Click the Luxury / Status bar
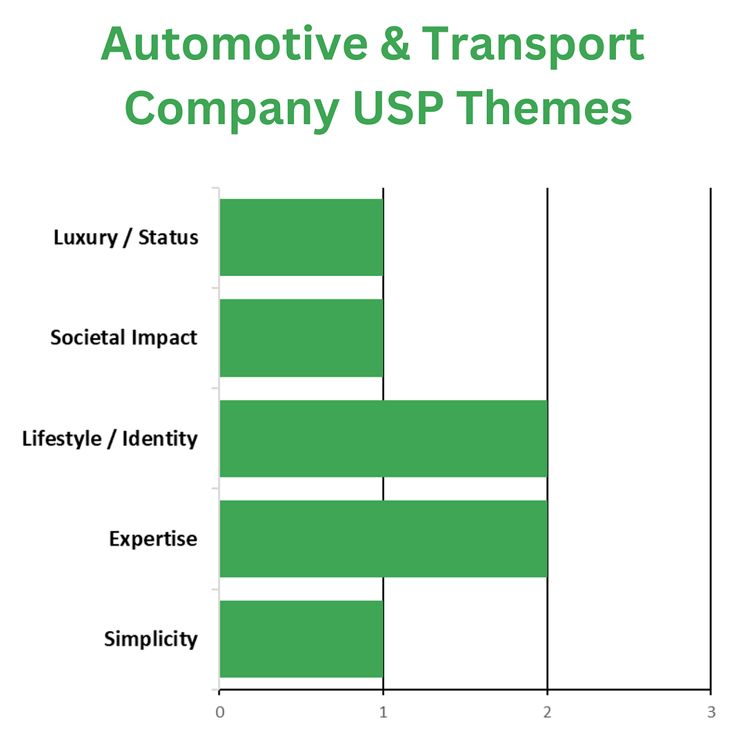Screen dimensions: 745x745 301,237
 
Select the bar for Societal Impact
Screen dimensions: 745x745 301,338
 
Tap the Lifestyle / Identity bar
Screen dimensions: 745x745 384,438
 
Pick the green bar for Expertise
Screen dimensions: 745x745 384,539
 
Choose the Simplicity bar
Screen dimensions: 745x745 301,639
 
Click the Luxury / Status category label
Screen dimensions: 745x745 126,238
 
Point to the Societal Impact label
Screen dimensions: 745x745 124,338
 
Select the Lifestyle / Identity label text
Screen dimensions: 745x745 110,439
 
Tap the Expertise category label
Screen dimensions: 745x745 153,539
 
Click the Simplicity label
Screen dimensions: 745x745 151,639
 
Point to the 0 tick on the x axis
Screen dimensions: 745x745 219,712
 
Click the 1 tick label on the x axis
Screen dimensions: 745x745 383,712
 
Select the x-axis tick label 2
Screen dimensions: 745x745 547,712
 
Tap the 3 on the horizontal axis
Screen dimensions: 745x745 711,712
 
